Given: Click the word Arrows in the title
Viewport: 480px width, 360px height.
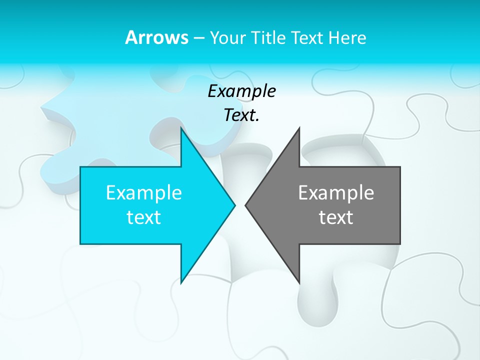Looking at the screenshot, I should coord(156,37).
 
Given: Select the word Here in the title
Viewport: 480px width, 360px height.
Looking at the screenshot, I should coord(348,37).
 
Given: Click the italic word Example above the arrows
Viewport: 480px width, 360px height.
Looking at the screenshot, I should coord(241,91).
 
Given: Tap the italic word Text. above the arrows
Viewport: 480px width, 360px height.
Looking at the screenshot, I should coord(241,115).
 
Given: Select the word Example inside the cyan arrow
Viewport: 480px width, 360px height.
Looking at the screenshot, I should coord(143,192).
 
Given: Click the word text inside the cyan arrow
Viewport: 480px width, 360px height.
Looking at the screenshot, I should coord(143,217).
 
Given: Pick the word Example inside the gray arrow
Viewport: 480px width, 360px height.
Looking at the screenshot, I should coord(336,192).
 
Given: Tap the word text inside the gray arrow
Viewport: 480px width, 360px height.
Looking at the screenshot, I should coord(336,217).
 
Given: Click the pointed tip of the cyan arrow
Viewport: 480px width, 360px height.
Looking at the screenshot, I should coord(234,205).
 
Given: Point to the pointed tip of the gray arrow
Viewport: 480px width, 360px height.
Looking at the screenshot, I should coord(245,205).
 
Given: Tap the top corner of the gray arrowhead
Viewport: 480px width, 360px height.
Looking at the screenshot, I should coord(299,128).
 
